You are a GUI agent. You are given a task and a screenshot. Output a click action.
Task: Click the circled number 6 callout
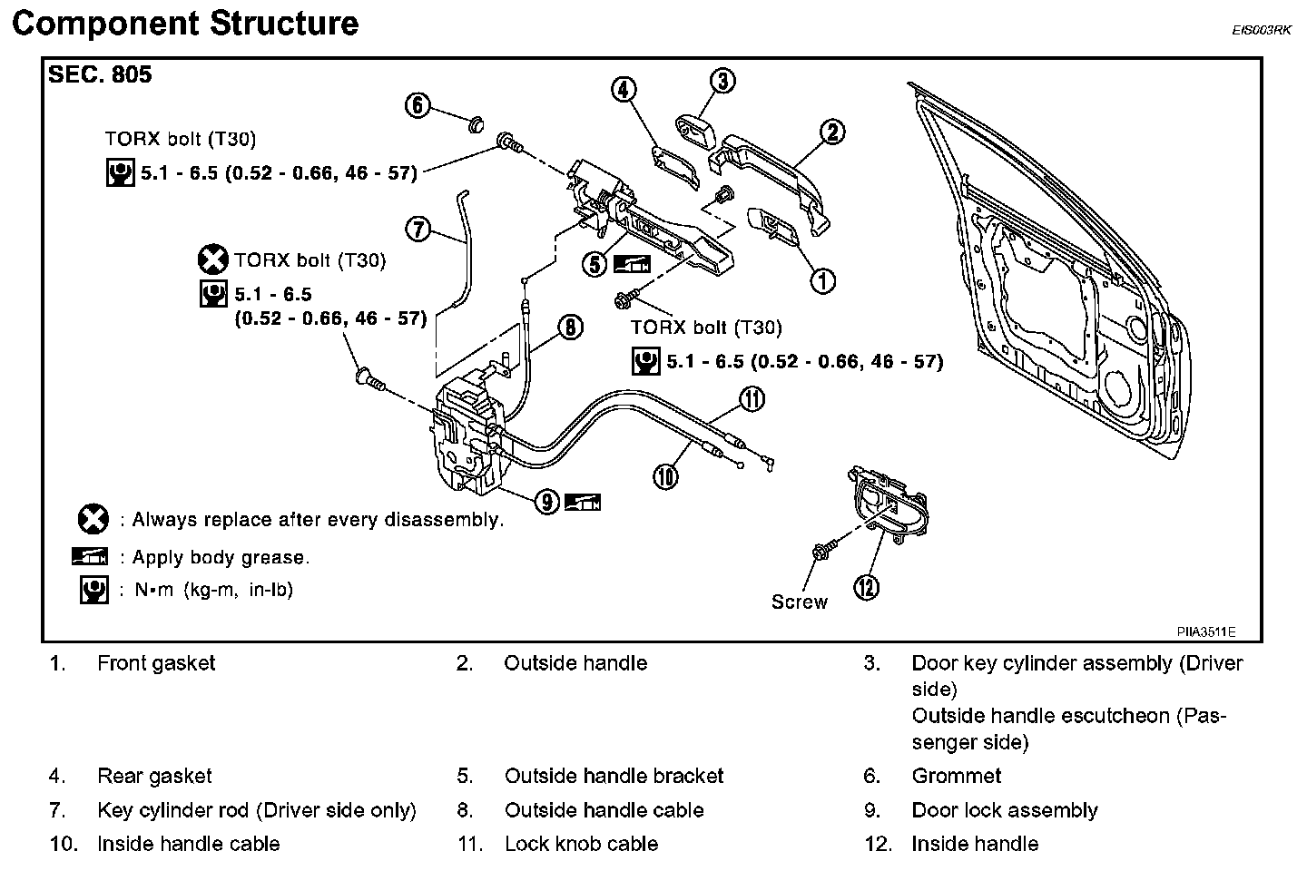[x=418, y=106]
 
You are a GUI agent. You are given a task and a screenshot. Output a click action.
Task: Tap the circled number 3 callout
[x=722, y=82]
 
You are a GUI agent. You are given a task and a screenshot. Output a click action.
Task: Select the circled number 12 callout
[x=867, y=588]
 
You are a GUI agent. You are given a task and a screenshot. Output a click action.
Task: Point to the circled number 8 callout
[x=570, y=328]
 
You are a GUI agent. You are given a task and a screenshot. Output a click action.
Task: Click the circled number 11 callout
[x=752, y=398]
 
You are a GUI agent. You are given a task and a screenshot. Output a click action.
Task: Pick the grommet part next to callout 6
[x=475, y=122]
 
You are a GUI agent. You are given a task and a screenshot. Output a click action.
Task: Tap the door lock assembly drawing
[x=469, y=436]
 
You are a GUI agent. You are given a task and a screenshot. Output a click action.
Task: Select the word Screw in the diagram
[x=799, y=602]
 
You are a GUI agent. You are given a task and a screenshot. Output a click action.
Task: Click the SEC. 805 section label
[x=100, y=75]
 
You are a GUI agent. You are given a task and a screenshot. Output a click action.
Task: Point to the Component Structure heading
[x=185, y=23]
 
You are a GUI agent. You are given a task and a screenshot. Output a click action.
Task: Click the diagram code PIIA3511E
[x=1206, y=631]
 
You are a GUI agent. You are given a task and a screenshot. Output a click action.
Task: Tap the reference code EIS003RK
[x=1261, y=30]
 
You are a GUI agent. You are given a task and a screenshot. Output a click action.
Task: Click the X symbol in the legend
[x=93, y=520]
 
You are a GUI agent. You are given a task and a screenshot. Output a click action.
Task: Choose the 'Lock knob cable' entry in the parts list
[x=581, y=844]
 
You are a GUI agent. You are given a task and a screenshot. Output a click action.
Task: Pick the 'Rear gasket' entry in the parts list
[x=154, y=777]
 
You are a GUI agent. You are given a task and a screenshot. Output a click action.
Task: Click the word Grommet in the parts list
[x=956, y=777]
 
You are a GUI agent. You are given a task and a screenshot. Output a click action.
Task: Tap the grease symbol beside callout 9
[x=582, y=501]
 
